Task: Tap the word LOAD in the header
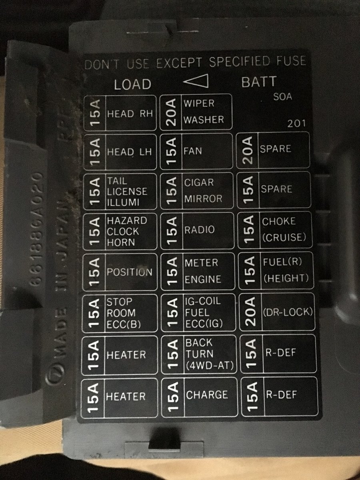pos(133,84)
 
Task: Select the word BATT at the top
pos(259,82)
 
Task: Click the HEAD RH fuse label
pos(130,114)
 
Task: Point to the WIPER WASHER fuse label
pos(204,112)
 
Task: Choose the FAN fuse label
pos(192,151)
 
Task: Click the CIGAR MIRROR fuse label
pos(203,191)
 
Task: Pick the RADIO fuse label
pos(200,230)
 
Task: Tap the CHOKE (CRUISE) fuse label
pos(284,230)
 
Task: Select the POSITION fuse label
pos(130,272)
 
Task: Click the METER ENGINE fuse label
pos(203,271)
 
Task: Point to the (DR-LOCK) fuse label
pos(288,312)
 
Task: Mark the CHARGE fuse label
pos(207,395)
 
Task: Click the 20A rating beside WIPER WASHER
pos(171,112)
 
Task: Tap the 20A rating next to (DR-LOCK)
pos(250,312)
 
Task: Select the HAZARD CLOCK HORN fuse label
pos(127,232)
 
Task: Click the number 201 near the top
pos(296,124)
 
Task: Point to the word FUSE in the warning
pos(291,60)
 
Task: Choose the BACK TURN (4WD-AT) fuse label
pos(210,354)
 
